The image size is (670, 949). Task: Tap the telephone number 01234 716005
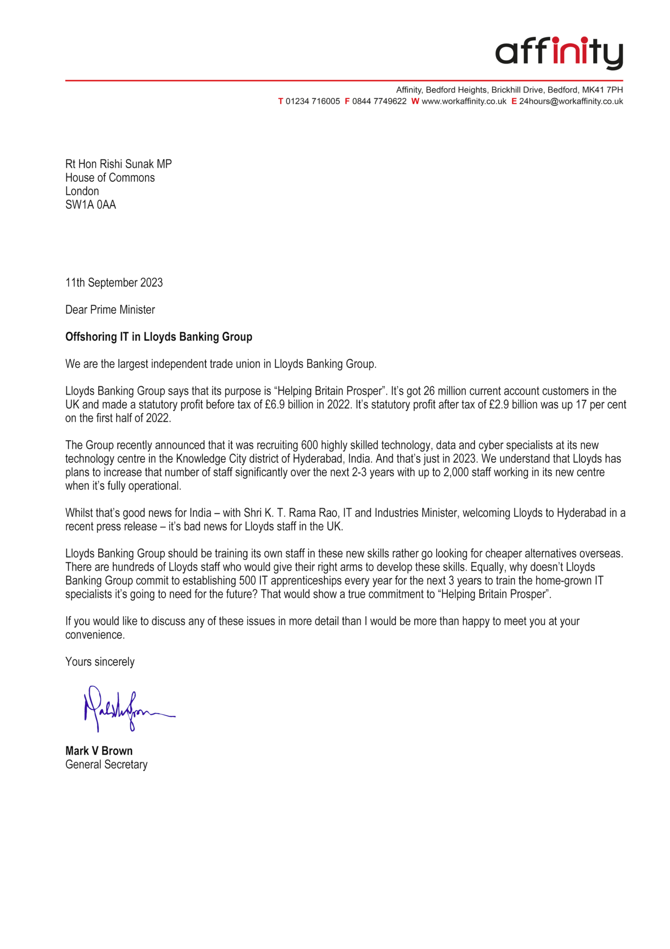click(312, 102)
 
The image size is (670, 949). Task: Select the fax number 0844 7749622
click(379, 102)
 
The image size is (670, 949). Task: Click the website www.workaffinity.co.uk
click(464, 102)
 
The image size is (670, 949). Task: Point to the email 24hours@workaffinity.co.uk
click(571, 102)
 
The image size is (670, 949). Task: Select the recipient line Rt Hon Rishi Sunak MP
click(119, 164)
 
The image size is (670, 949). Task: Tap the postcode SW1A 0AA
click(91, 205)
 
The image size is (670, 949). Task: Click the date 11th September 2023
click(114, 283)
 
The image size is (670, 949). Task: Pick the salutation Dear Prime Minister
click(110, 310)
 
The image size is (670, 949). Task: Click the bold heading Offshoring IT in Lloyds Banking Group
click(159, 337)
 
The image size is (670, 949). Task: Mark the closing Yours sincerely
click(100, 662)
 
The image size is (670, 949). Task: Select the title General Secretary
click(106, 764)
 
